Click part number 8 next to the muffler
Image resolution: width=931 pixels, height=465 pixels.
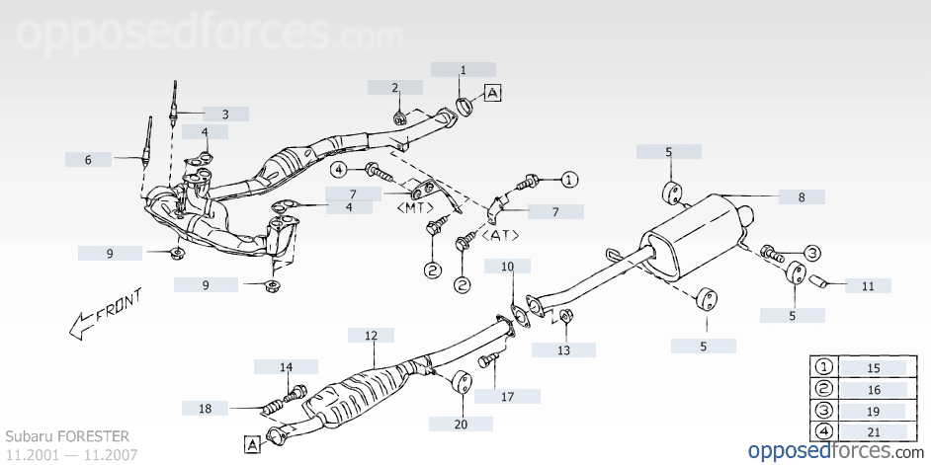pyautogui.click(x=802, y=197)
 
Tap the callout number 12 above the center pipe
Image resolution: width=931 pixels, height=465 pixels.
pyautogui.click(x=371, y=336)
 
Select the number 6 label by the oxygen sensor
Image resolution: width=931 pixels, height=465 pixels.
pyautogui.click(x=88, y=159)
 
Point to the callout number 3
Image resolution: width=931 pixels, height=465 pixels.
pyautogui.click(x=224, y=115)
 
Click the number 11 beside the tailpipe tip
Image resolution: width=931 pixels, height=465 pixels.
pyautogui.click(x=867, y=286)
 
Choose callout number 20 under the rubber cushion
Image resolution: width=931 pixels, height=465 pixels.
pyautogui.click(x=461, y=424)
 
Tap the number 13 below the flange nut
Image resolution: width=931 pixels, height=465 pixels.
pyautogui.click(x=563, y=349)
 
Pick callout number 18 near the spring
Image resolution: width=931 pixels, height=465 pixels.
pyautogui.click(x=205, y=408)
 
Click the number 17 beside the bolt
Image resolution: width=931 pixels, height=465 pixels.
pyautogui.click(x=507, y=397)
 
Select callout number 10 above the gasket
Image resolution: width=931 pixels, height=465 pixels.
pyautogui.click(x=507, y=267)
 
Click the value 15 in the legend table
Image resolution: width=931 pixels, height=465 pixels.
pyautogui.click(x=873, y=367)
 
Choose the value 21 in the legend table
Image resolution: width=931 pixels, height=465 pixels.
pyautogui.click(x=873, y=430)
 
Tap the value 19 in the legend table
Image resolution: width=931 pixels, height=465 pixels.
pyautogui.click(x=873, y=410)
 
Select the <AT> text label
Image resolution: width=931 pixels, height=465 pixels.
pyautogui.click(x=502, y=237)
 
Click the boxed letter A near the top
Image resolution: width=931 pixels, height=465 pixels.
pyautogui.click(x=493, y=93)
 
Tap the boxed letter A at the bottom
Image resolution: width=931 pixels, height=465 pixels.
pyautogui.click(x=252, y=445)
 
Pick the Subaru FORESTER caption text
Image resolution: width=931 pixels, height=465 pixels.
pyautogui.click(x=67, y=435)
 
